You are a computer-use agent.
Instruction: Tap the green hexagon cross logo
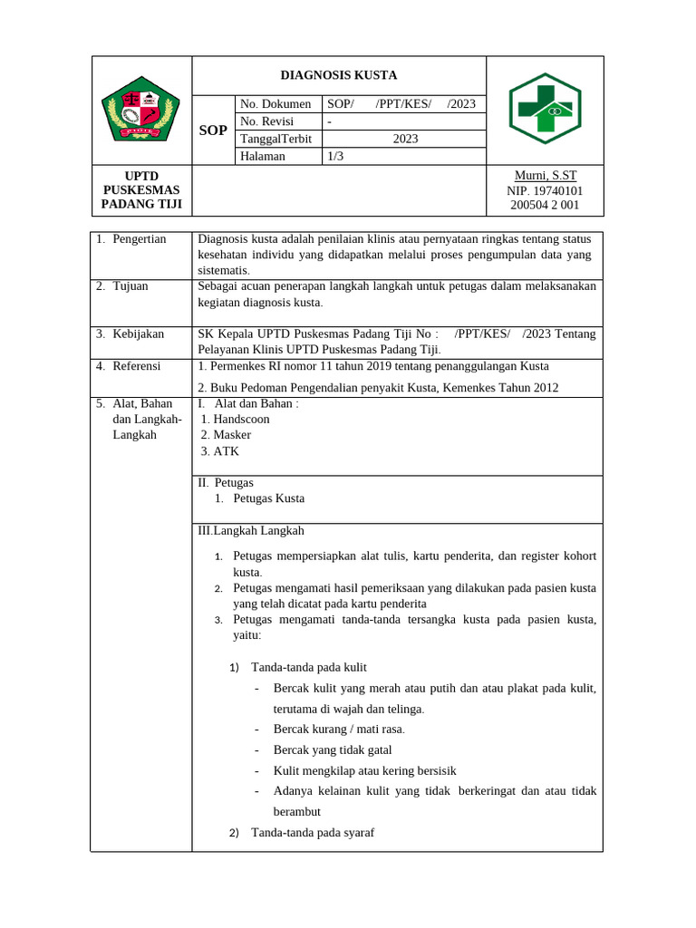(544, 109)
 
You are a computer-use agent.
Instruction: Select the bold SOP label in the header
(213, 130)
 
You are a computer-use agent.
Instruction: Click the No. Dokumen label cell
(276, 104)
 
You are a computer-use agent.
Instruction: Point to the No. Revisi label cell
(271, 121)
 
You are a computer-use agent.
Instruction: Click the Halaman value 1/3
(335, 156)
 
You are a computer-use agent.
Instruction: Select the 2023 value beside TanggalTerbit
(404, 139)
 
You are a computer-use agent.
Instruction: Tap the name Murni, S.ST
(546, 176)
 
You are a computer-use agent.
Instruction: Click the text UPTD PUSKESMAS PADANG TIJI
(140, 189)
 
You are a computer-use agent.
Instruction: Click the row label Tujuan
(130, 286)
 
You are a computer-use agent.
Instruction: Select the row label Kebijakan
(138, 333)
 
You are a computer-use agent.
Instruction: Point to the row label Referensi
(136, 366)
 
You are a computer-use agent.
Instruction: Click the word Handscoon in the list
(241, 419)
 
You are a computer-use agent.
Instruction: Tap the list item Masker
(232, 435)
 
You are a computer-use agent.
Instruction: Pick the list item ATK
(226, 451)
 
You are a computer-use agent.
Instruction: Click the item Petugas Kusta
(268, 498)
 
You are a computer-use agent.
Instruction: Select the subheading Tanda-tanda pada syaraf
(313, 833)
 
